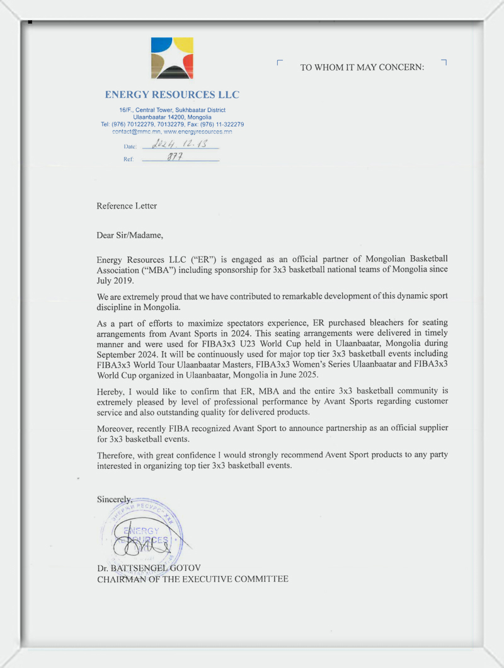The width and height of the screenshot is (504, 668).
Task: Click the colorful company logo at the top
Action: (x=172, y=58)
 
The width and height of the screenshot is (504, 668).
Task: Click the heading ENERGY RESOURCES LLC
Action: (x=172, y=95)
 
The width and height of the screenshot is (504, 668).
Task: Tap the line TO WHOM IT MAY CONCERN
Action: (x=362, y=67)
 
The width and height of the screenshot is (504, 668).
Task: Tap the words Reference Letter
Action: (x=127, y=206)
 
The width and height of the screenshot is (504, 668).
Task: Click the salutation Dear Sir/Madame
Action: (x=130, y=236)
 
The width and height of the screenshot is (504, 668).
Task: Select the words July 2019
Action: (x=112, y=281)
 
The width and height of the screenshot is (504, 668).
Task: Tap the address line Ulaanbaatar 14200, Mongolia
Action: (x=172, y=117)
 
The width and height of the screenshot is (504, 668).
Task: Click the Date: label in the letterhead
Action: (x=130, y=147)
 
